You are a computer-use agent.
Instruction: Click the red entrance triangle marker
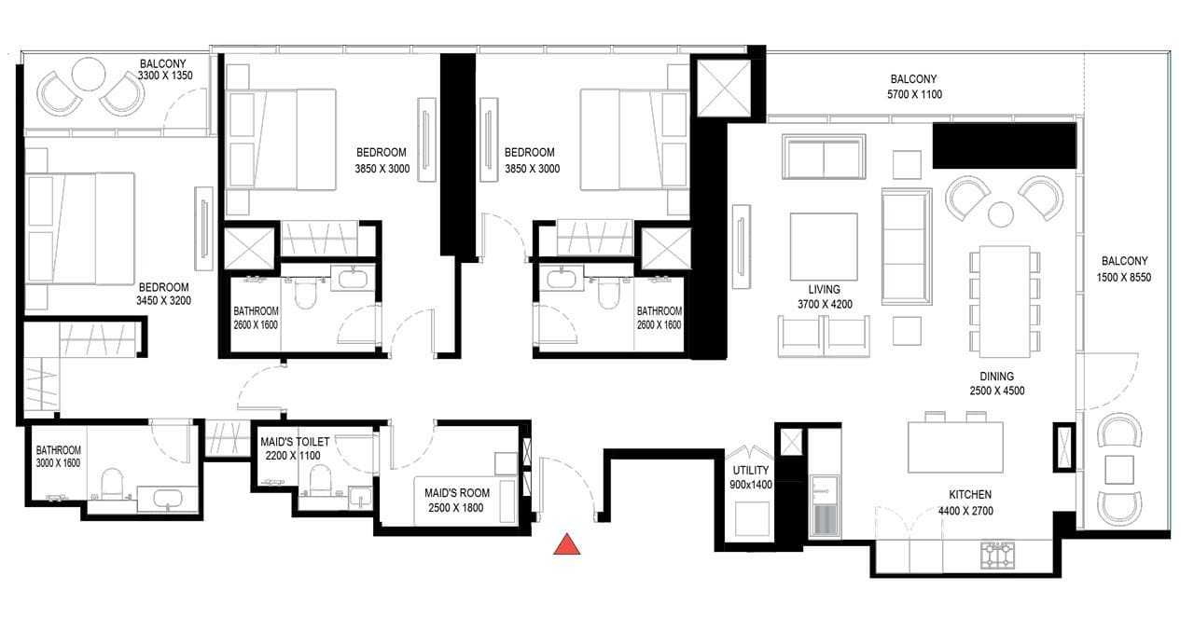(566, 544)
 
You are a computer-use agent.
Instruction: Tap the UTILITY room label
(751, 471)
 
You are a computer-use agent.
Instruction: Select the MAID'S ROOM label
(457, 493)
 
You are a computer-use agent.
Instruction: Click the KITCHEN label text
(970, 494)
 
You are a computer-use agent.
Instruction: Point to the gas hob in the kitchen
(997, 555)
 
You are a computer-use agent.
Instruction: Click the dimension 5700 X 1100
(914, 95)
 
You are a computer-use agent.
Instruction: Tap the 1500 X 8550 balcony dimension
(1124, 278)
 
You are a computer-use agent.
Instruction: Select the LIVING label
(824, 290)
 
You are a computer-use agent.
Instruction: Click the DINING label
(997, 377)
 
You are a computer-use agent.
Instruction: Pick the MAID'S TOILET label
(295, 442)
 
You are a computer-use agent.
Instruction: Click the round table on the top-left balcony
(89, 75)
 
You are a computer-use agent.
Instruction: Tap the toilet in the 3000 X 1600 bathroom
(112, 484)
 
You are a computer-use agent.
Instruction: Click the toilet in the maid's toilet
(320, 479)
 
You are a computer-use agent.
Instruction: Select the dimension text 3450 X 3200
(163, 301)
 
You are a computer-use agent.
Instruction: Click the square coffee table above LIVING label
(824, 247)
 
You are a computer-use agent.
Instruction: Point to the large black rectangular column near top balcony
(1005, 145)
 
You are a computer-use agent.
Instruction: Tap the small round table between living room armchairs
(1001, 214)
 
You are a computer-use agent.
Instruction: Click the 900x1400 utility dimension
(751, 485)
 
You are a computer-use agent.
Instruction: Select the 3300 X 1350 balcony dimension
(165, 76)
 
